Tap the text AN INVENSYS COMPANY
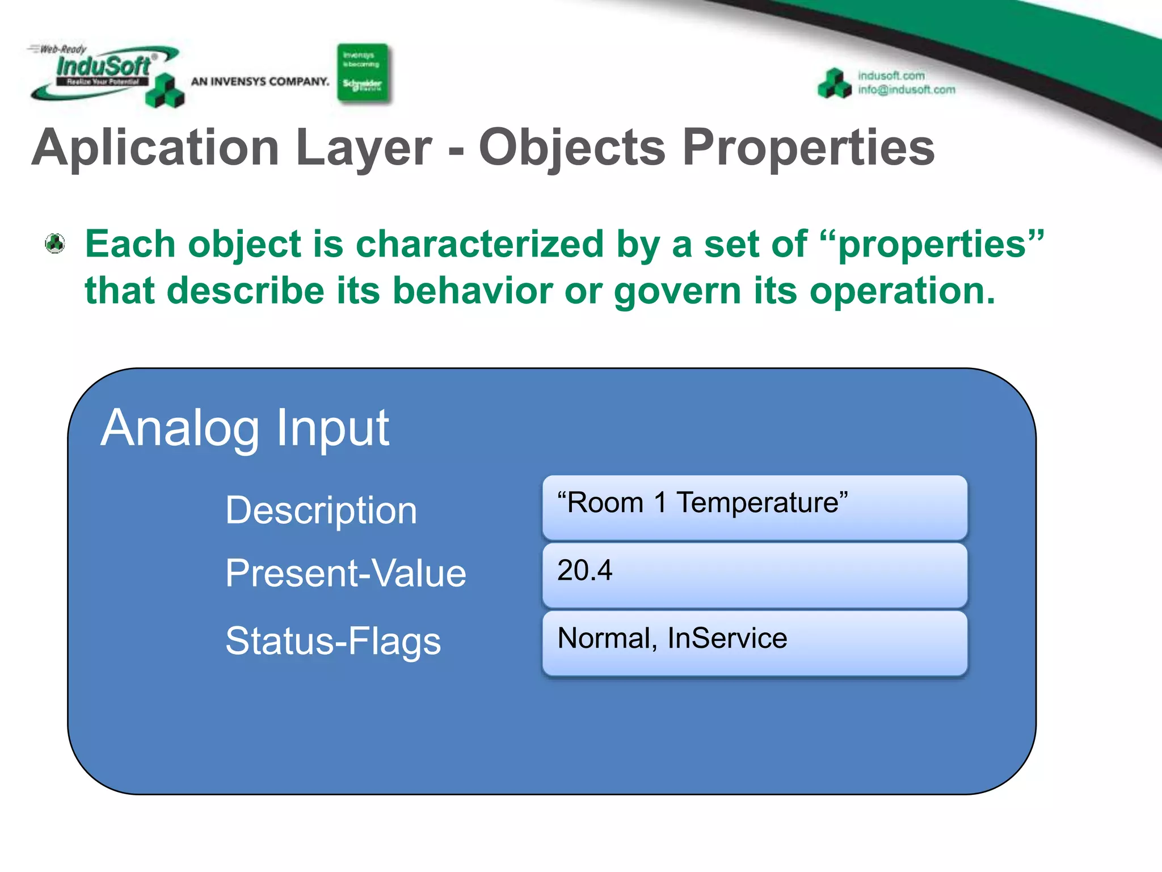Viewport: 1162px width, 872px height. [260, 82]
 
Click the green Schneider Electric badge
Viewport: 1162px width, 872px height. [363, 74]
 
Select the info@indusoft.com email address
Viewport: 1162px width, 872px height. [906, 90]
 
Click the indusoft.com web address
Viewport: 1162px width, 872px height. [891, 76]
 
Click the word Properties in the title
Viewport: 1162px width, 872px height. [808, 148]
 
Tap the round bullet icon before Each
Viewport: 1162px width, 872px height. [55, 244]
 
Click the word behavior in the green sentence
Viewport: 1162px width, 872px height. [473, 291]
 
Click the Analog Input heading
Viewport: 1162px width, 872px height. [245, 428]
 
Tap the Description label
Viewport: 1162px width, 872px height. [321, 510]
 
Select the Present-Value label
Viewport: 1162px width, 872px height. [346, 573]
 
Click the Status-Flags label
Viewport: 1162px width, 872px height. [333, 641]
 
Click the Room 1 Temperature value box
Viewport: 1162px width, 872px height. [755, 507]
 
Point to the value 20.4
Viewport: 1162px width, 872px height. [584, 570]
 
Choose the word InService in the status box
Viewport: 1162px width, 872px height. [727, 638]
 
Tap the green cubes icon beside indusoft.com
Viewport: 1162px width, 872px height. [834, 83]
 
